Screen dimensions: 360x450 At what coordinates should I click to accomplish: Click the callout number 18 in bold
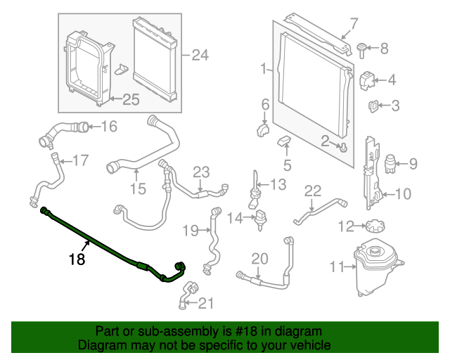click(x=77, y=259)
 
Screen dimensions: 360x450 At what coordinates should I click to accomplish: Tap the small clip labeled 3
click(x=375, y=106)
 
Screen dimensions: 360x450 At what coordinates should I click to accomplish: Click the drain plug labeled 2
click(x=342, y=146)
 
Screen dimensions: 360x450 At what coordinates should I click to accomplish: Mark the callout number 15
click(x=137, y=188)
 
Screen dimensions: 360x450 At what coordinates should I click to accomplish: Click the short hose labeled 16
click(x=82, y=127)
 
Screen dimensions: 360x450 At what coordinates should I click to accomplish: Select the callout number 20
click(x=259, y=259)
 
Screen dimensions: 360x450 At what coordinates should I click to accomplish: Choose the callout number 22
click(x=312, y=191)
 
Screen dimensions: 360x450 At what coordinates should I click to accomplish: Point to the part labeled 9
click(x=390, y=165)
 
